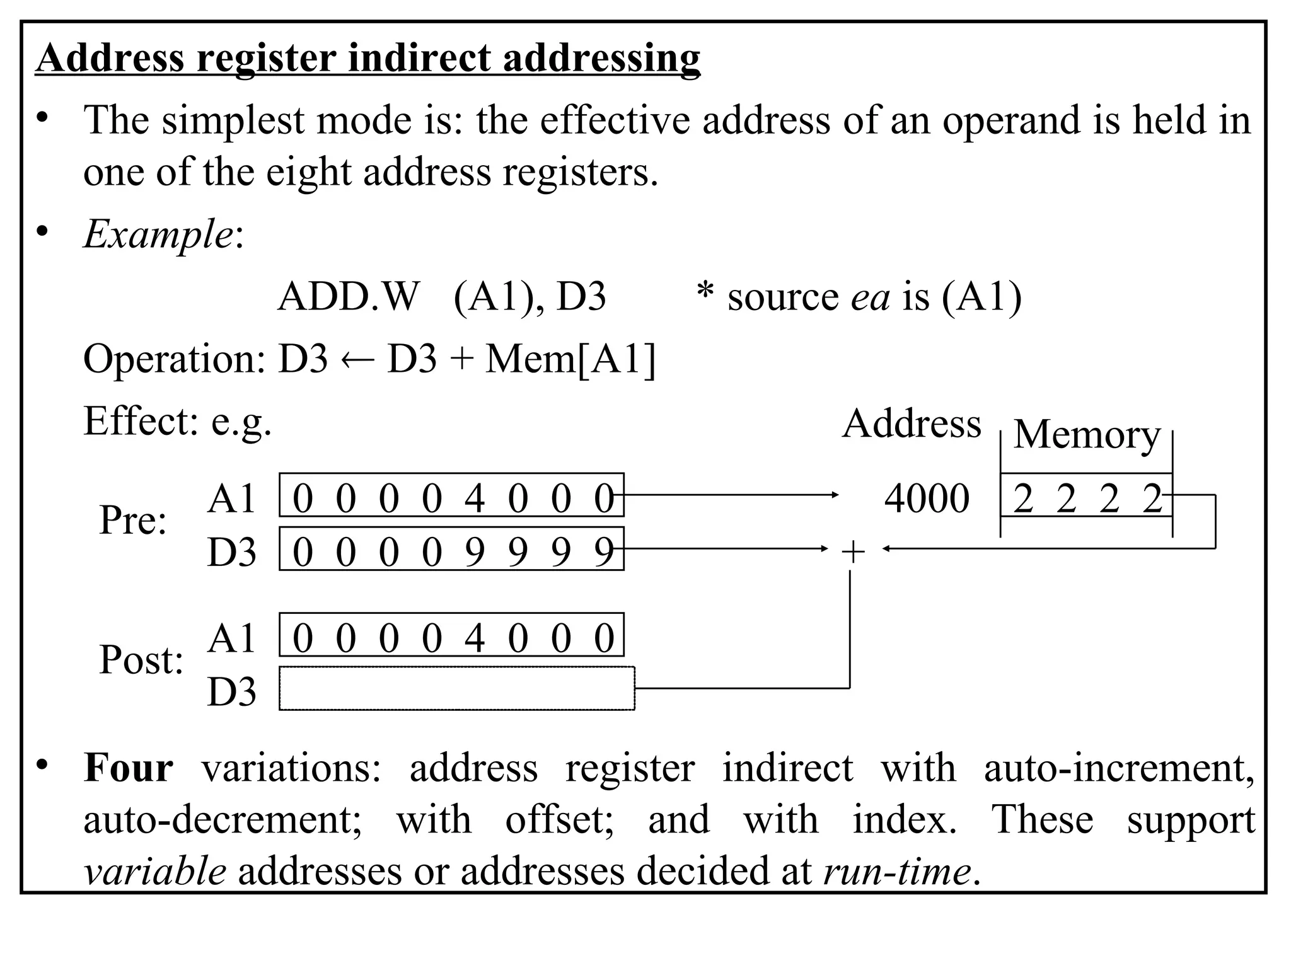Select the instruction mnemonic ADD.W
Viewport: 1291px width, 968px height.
click(348, 297)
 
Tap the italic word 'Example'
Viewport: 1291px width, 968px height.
click(158, 234)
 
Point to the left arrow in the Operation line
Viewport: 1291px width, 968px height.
click(357, 360)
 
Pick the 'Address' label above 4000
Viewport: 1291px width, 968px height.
click(911, 423)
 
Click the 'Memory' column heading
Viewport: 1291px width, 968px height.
click(1086, 435)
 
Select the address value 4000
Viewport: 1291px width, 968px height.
click(926, 498)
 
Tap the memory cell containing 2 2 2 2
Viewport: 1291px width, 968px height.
click(1086, 498)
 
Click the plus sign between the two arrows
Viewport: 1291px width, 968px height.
click(853, 553)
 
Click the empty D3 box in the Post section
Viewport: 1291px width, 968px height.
click(456, 689)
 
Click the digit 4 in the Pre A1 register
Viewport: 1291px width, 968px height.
click(474, 498)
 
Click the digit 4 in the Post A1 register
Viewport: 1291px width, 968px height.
click(474, 638)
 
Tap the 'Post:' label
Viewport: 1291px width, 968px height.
click(141, 660)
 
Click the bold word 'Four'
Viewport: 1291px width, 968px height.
click(128, 768)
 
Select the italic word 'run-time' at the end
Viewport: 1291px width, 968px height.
click(896, 872)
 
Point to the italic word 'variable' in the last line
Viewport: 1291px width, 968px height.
click(155, 872)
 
